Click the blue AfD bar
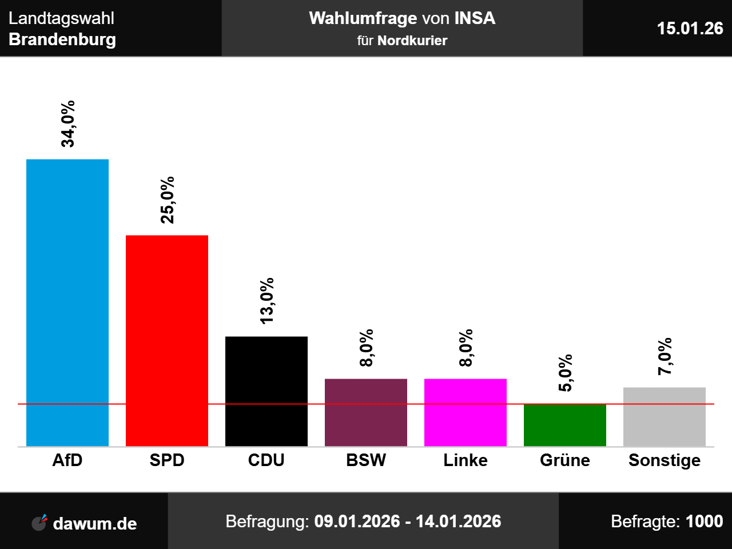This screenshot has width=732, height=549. [67, 303]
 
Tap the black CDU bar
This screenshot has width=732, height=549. [266, 391]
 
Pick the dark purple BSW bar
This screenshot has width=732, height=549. [366, 412]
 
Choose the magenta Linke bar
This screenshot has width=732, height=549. [466, 412]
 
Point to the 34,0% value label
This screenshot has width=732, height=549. [68, 124]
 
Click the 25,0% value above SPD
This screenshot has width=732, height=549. [168, 200]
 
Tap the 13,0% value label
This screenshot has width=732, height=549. [267, 301]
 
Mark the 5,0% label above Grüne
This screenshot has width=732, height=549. [566, 373]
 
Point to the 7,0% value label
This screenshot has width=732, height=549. [665, 356]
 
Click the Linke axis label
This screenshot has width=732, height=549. [466, 460]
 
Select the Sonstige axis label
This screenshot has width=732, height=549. [665, 460]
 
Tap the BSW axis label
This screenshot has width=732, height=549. [366, 460]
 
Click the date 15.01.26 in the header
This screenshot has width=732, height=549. [690, 28]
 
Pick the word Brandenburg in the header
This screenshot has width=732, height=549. [62, 39]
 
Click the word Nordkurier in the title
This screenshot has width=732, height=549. [412, 41]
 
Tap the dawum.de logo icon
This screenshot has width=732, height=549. [39, 522]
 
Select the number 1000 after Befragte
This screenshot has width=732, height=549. [704, 522]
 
